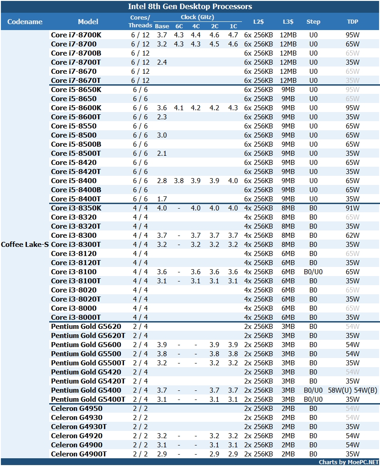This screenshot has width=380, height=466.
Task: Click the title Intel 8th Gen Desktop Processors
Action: [190, 6]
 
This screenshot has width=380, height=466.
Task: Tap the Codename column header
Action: [25, 21]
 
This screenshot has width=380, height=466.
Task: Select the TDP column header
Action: [353, 21]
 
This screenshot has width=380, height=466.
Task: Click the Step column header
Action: [313, 21]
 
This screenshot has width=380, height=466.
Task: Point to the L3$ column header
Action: [288, 21]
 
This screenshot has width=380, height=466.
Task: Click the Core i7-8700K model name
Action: [76, 35]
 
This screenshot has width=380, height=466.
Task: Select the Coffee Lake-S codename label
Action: [25, 244]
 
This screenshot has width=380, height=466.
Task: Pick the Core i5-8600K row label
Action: [76, 108]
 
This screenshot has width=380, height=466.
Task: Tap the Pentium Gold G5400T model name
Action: [88, 399]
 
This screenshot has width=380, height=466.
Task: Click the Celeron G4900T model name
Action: [79, 454]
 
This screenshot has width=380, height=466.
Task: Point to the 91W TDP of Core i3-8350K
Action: [353, 208]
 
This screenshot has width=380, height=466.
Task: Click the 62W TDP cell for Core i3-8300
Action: [353, 235]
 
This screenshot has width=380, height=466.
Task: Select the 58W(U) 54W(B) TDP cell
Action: [353, 390]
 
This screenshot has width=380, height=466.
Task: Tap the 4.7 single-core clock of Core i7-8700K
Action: [233, 35]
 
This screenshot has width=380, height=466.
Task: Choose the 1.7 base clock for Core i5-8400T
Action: [162, 199]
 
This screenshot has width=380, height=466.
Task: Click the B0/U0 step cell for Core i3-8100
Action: [313, 271]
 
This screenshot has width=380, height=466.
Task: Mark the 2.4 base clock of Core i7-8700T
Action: [162, 62]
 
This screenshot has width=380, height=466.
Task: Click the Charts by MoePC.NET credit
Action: [348, 462]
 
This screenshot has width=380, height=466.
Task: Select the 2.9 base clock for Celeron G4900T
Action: [162, 454]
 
